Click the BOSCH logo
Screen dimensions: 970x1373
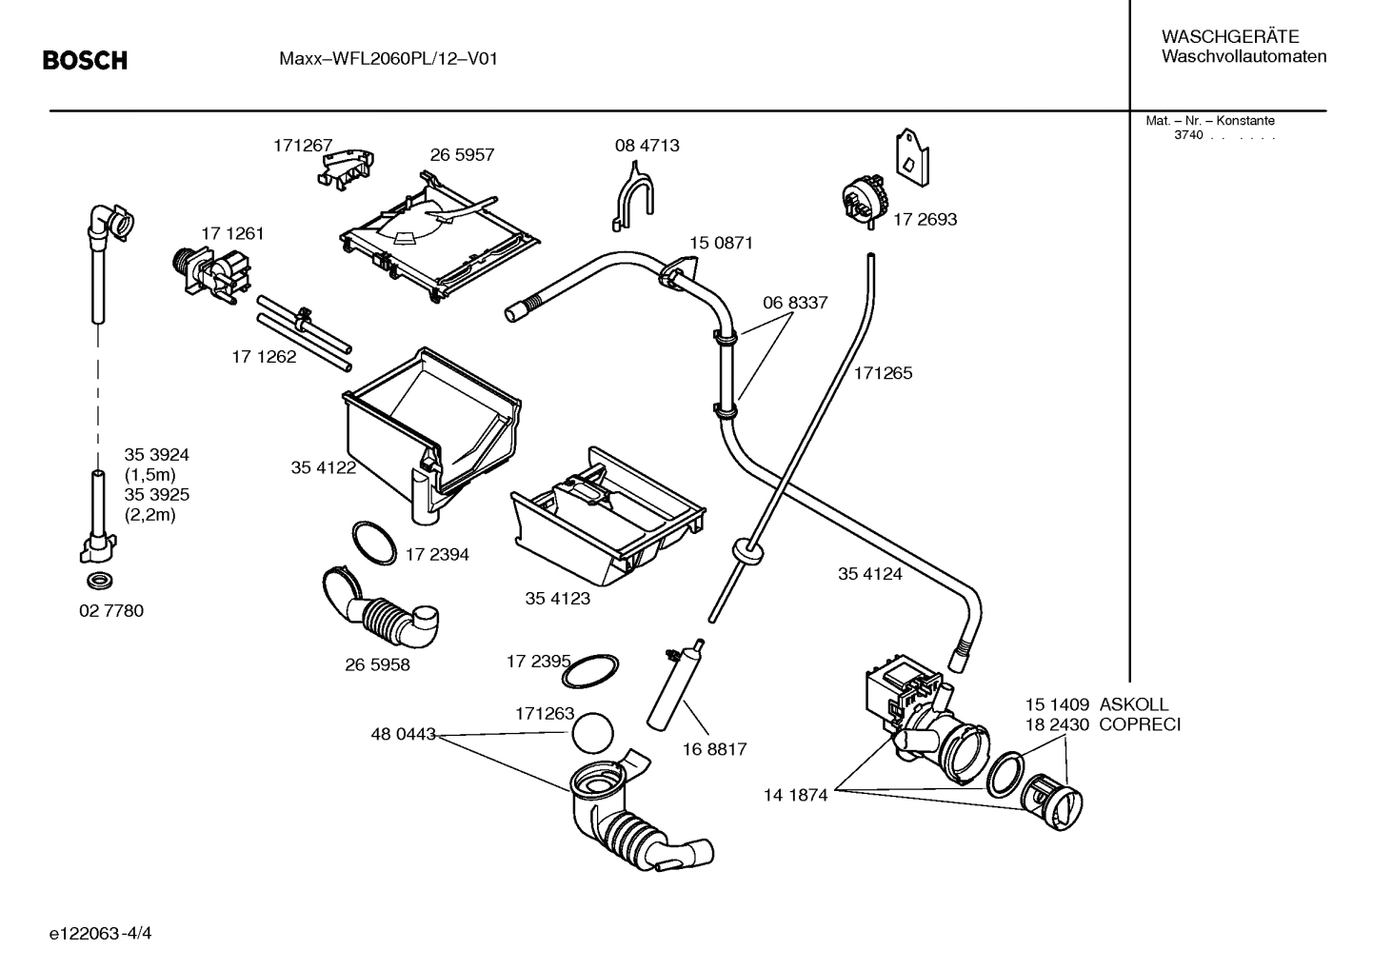point(85,61)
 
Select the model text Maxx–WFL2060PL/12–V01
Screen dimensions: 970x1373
point(388,59)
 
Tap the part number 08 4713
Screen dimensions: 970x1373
point(647,146)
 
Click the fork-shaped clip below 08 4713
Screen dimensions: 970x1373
point(632,196)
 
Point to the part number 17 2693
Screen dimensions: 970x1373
point(925,219)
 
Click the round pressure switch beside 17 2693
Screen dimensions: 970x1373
point(864,197)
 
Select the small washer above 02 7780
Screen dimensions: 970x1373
point(98,581)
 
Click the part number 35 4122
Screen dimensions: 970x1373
point(323,467)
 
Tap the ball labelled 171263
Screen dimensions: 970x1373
point(592,736)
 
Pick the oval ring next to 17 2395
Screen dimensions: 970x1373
point(591,671)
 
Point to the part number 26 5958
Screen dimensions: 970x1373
point(377,664)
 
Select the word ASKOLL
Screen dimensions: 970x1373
point(1133,705)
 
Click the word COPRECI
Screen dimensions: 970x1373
point(1139,724)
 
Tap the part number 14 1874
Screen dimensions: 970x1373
point(795,795)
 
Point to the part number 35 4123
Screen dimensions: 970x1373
point(557,599)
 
